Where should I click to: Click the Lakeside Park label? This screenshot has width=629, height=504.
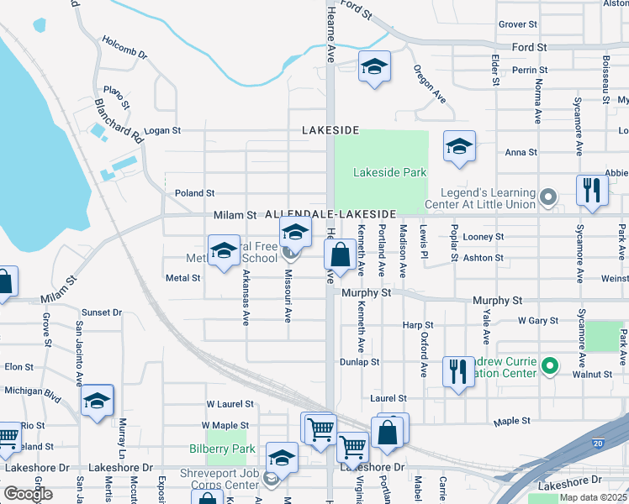pyautogui.click(x=389, y=172)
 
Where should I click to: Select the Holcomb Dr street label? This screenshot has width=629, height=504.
pyautogui.click(x=124, y=47)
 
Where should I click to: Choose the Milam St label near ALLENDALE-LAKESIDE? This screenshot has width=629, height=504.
pyautogui.click(x=235, y=215)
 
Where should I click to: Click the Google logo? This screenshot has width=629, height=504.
pyautogui.click(x=28, y=494)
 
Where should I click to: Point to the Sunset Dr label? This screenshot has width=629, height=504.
pyautogui.click(x=102, y=312)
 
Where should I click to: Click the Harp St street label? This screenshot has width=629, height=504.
pyautogui.click(x=417, y=324)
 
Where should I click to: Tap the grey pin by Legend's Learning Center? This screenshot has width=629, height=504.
pyautogui.click(x=548, y=198)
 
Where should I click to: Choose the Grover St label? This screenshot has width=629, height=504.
pyautogui.click(x=517, y=25)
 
